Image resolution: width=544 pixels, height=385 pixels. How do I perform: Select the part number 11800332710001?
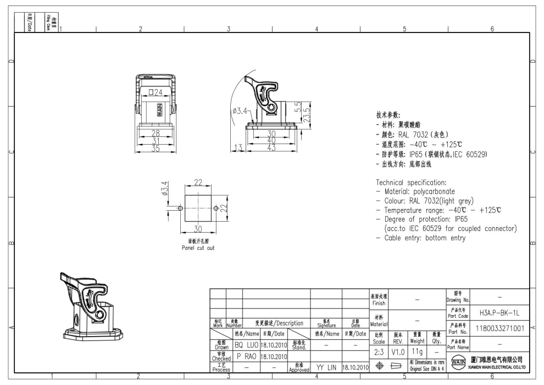498,328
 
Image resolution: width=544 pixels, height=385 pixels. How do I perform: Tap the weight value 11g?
417,351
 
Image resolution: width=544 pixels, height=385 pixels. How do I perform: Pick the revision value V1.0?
398,351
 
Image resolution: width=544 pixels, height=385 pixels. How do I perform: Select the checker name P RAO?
246,356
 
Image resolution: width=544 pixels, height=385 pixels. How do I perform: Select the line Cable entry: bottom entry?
420,238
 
